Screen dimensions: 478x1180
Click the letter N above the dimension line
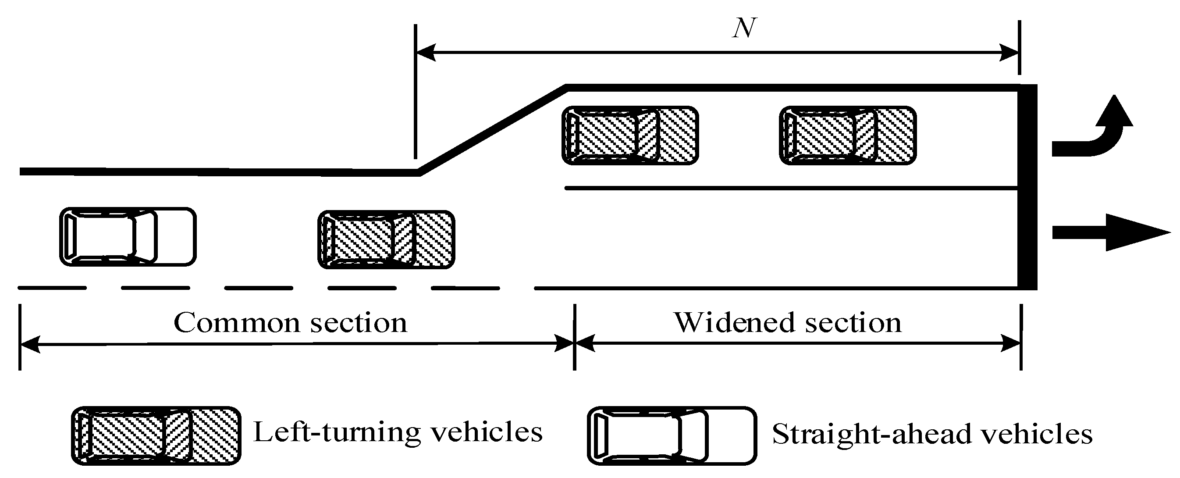click(744, 29)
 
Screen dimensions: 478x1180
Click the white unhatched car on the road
click(128, 236)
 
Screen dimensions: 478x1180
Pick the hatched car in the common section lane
click(386, 239)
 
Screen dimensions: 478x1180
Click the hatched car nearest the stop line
click(847, 135)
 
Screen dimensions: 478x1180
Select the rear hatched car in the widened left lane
click(630, 135)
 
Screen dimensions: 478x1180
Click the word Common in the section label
click(236, 323)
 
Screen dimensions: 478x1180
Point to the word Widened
click(733, 323)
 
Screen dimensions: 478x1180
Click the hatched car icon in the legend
click(156, 436)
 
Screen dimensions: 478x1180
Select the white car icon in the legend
click(672, 436)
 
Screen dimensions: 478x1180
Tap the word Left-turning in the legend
click(336, 432)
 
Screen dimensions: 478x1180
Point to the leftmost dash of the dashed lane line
click(52, 288)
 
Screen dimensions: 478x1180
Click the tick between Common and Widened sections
click(574, 337)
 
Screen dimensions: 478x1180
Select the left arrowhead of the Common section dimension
click(30, 344)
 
